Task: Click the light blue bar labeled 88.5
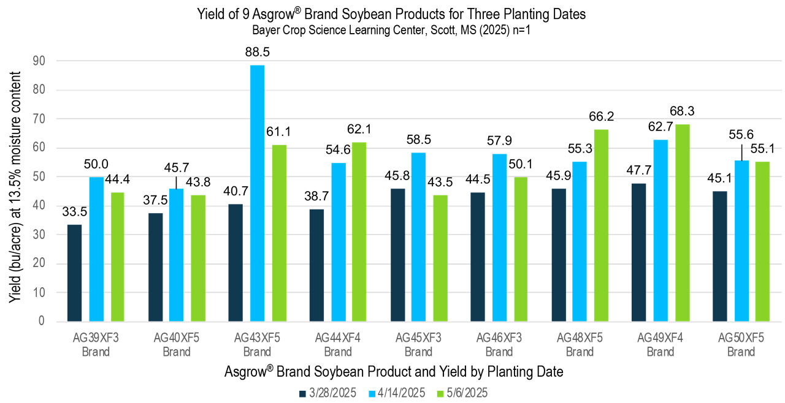point(257,193)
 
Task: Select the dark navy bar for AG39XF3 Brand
point(74,273)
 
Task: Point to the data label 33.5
point(74,213)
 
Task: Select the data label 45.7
point(177,168)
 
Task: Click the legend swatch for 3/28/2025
point(302,393)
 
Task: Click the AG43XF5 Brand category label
point(257,344)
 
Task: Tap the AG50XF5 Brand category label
point(741,344)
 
